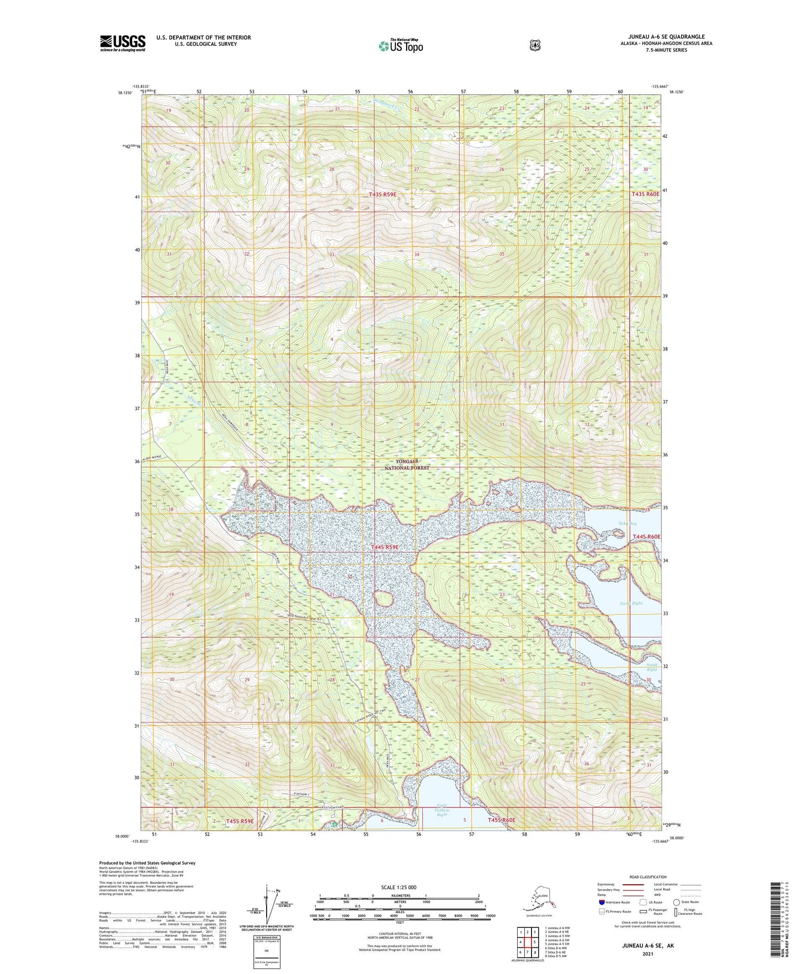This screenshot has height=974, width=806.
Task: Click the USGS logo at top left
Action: [123, 43]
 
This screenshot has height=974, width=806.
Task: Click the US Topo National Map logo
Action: [400, 46]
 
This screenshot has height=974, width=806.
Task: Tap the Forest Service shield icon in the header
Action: [534, 45]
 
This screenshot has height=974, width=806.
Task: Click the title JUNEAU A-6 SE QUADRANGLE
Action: [662, 37]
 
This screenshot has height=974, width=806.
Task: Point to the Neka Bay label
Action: [628, 523]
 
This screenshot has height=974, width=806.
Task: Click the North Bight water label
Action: [631, 603]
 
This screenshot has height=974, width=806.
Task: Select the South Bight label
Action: [651, 667]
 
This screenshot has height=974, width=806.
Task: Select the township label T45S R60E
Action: [501, 820]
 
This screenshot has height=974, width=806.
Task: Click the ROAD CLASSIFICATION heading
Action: [647, 877]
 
